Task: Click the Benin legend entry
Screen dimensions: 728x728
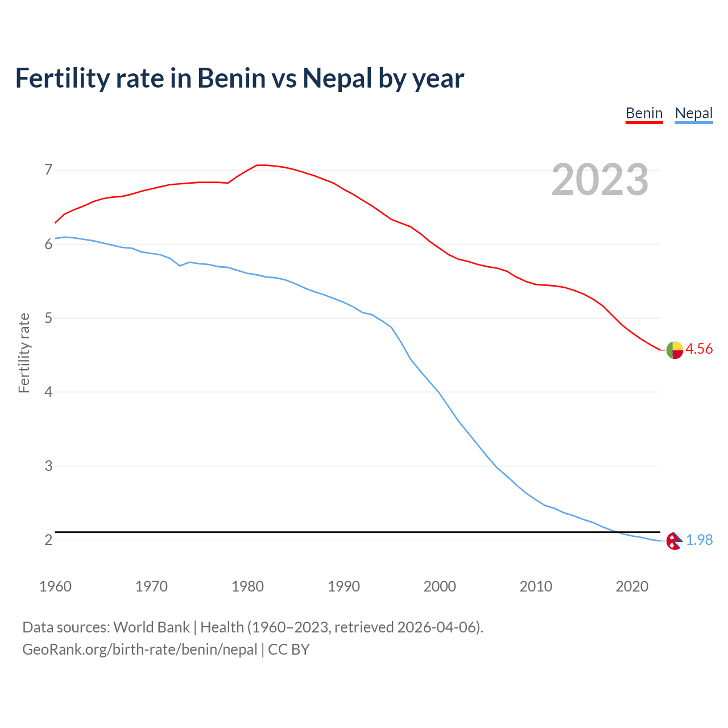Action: (x=644, y=113)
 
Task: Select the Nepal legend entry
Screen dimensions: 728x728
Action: (x=693, y=113)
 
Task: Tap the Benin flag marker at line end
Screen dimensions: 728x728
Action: (x=675, y=350)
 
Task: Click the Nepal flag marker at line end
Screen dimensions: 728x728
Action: (x=675, y=541)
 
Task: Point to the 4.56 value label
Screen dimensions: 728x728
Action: (x=699, y=349)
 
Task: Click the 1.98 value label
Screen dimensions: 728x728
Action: (x=699, y=540)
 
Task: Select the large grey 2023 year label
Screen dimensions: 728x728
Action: (x=600, y=180)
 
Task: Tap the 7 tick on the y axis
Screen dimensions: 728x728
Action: (x=48, y=169)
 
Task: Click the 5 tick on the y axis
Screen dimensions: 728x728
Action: (x=48, y=318)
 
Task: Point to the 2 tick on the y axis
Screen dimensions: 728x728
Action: (x=48, y=540)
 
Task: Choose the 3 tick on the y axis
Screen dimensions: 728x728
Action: (x=48, y=466)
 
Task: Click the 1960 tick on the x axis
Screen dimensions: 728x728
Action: (x=55, y=586)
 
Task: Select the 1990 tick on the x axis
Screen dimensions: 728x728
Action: (x=344, y=586)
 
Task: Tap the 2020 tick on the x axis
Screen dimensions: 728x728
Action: (x=632, y=586)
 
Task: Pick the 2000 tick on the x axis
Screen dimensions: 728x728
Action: (x=440, y=586)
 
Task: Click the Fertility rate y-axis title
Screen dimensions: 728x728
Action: (x=24, y=353)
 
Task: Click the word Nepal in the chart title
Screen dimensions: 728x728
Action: (x=337, y=78)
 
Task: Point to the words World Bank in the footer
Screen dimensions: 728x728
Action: (x=151, y=627)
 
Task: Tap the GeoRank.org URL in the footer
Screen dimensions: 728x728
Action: (x=139, y=650)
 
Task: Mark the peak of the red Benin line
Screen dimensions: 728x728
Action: (x=260, y=165)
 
